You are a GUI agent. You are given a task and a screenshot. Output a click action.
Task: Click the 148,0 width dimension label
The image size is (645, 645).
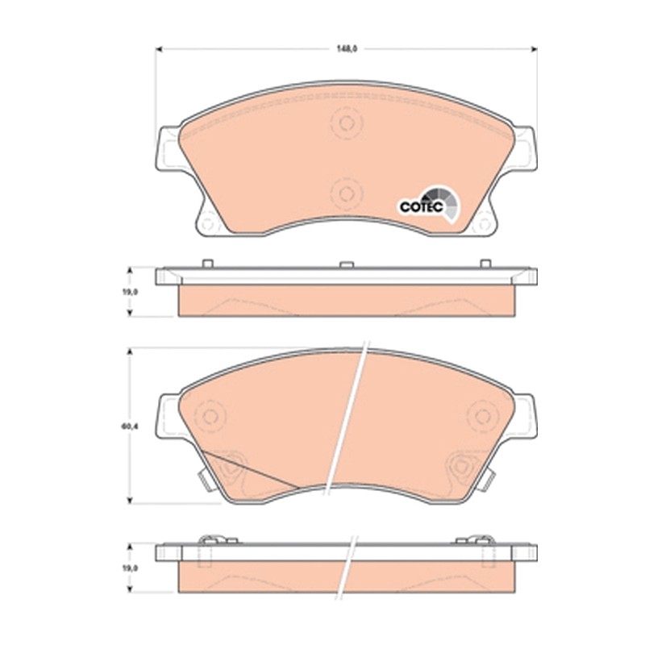347,49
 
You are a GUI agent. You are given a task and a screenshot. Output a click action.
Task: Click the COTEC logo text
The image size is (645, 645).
421,207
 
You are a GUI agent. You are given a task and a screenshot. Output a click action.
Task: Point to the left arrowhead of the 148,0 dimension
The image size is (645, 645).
159,49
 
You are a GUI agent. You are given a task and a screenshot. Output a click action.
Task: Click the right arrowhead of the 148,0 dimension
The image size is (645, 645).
534,49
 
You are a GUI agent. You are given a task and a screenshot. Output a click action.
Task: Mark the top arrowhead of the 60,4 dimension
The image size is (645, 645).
130,352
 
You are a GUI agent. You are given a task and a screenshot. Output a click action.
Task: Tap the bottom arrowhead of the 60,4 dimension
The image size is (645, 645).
130,500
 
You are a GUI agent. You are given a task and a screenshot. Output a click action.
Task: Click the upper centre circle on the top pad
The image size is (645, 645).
347,123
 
